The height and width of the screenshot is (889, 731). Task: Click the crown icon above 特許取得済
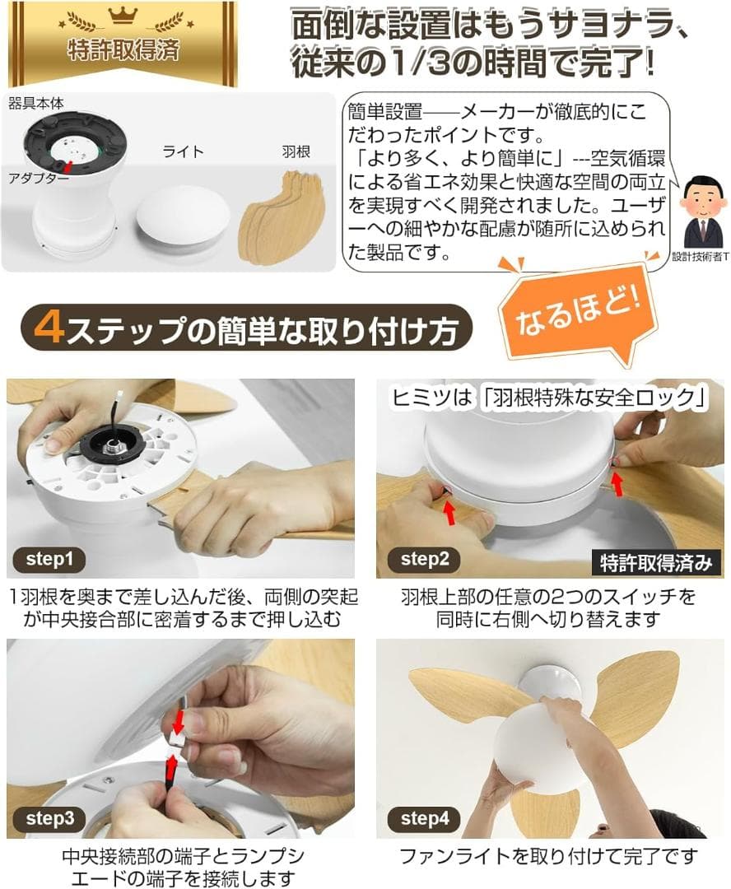[121, 16]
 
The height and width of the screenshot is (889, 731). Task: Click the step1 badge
[49, 561]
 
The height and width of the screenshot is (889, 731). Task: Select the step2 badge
[425, 561]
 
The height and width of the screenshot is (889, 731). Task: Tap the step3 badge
[49, 818]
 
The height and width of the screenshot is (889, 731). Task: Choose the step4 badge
[425, 818]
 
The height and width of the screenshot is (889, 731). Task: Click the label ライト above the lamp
[182, 152]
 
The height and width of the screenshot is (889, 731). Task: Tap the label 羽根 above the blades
[294, 152]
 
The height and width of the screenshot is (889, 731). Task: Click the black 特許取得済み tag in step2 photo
[655, 563]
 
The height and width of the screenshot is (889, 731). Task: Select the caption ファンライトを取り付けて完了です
[548, 856]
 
